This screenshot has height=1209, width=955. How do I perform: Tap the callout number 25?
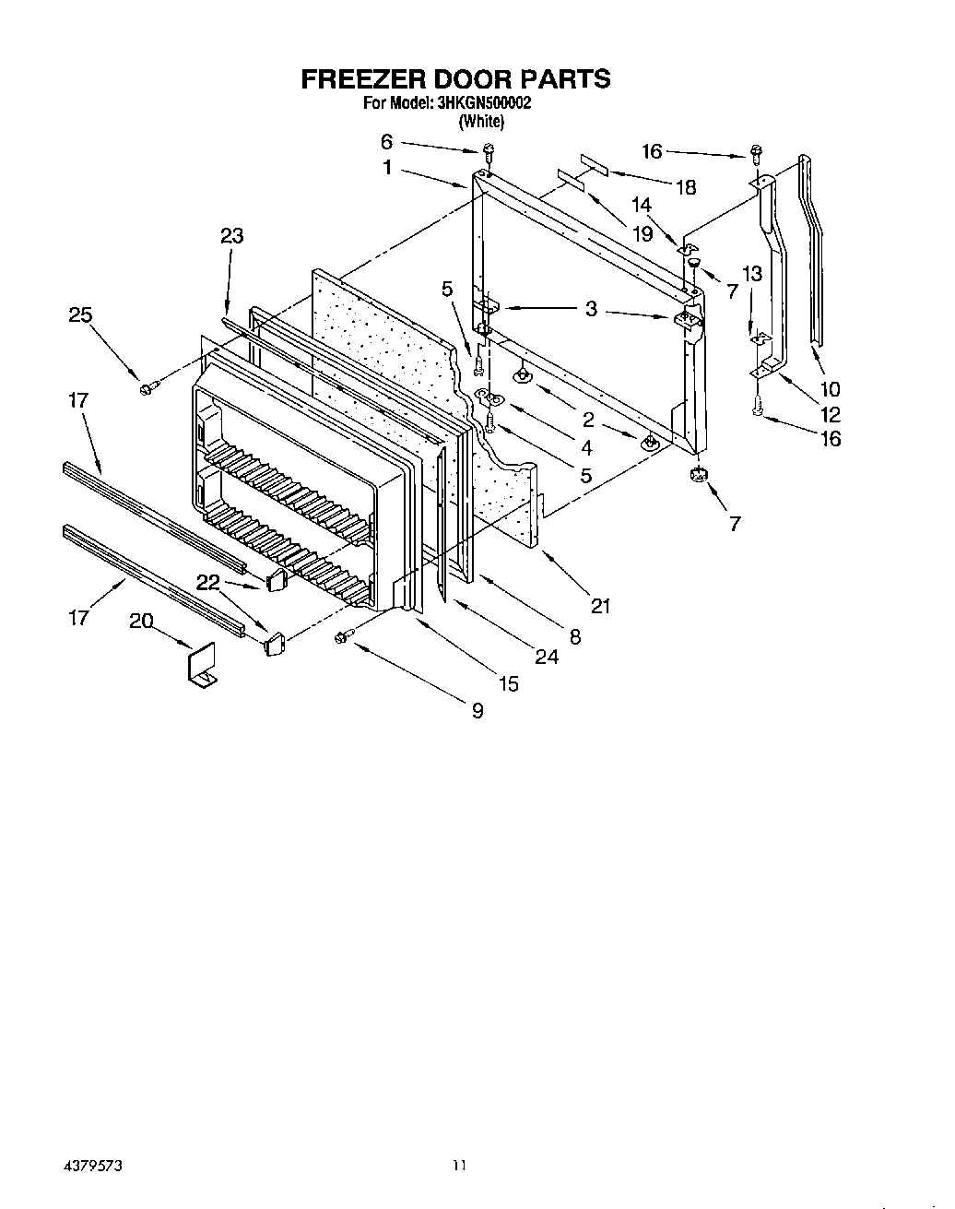pos(81,315)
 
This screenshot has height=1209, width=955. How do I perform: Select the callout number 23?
pos(231,236)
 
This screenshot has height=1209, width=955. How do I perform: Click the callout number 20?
pos(141,622)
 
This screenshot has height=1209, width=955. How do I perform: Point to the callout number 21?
pos(601,606)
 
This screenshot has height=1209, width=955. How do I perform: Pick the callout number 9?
pos(477,711)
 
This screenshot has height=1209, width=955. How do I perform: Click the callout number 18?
pos(685,187)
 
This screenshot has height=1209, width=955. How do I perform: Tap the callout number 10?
pos(830,389)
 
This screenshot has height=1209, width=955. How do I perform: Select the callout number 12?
pos(831,414)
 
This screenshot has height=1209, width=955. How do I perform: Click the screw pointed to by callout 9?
pos(344,635)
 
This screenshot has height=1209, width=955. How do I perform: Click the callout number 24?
pos(547,658)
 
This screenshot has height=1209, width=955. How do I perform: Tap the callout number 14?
pos(642,205)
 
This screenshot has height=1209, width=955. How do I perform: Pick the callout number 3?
pos(591,309)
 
